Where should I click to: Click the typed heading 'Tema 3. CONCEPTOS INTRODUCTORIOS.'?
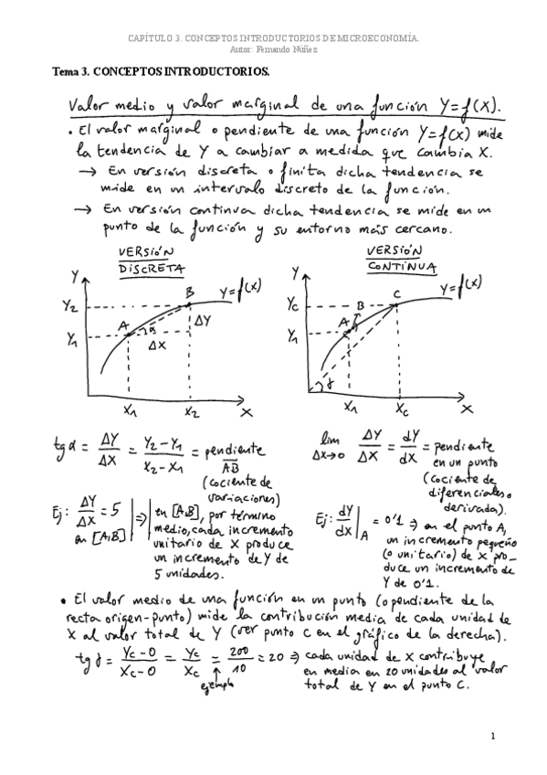click(x=160, y=70)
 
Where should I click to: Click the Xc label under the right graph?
click(x=403, y=410)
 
